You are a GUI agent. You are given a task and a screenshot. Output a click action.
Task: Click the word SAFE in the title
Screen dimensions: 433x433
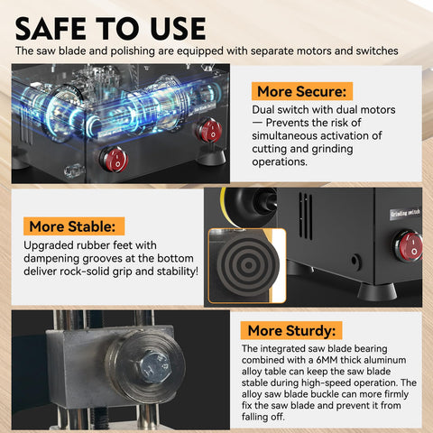51,29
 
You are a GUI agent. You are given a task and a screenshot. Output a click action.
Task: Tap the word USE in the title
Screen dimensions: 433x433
178,29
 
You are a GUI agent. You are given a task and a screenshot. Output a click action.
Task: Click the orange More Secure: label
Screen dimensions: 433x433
302,91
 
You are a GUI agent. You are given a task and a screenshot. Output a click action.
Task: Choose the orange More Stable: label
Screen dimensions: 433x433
74,226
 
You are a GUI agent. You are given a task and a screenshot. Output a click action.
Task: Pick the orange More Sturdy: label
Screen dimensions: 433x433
291,330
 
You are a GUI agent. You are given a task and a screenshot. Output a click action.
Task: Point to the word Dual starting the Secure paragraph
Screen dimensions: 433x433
263,109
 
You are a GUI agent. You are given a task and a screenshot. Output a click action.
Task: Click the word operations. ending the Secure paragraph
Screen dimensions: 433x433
280,162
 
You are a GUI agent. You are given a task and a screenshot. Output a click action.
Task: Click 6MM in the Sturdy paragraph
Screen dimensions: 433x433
327,360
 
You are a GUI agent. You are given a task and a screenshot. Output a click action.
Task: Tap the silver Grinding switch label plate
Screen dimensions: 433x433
405,214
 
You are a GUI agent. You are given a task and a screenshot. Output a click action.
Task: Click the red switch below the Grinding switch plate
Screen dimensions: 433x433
410,246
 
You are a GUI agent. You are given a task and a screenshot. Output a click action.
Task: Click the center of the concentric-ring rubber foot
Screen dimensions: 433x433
248,265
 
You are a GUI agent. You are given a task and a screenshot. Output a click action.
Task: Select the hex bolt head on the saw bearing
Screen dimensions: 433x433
155,367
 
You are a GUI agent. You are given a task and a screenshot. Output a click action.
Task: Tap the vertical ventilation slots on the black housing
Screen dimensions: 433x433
306,216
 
